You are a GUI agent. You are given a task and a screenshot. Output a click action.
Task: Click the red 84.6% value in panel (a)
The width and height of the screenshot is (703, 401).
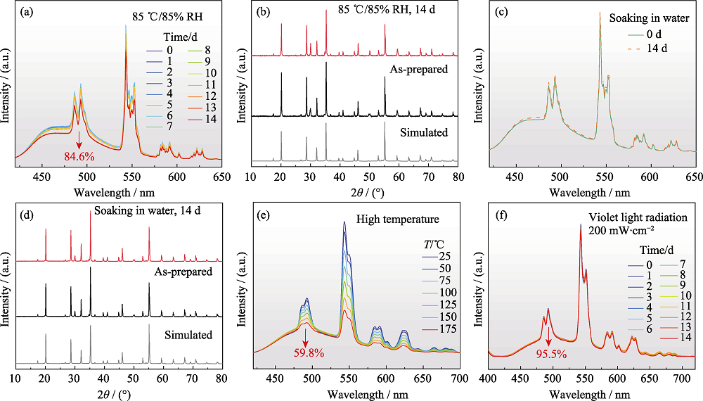pos(79,157)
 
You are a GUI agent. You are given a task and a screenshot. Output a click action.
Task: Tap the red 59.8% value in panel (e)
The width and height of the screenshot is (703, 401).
pos(309,352)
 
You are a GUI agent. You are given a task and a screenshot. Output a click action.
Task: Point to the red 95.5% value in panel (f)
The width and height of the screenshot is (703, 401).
pos(551,354)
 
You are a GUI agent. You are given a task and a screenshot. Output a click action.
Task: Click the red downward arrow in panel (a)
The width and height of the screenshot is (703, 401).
pos(79,140)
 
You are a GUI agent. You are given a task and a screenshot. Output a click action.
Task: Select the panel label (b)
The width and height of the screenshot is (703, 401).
pos(263,12)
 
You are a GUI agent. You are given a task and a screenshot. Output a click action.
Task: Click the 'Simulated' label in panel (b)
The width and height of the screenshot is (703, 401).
pos(424,133)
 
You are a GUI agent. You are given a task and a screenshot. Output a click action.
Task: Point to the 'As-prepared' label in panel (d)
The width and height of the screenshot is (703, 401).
pos(183,272)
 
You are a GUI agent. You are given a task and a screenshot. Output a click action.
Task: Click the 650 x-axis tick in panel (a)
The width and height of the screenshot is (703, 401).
pos(221,177)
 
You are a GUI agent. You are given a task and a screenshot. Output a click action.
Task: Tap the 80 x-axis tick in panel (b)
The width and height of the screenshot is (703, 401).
pos(458,177)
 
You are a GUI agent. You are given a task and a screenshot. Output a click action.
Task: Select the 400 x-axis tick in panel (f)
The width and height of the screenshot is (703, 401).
pos(488,378)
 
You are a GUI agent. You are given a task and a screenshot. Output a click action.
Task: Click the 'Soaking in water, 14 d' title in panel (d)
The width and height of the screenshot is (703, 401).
pos(147,210)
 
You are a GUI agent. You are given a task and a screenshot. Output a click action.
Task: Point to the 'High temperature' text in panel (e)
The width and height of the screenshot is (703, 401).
pos(398,219)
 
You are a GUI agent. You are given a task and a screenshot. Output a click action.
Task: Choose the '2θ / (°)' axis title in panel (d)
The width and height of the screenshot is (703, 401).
pos(115,395)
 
